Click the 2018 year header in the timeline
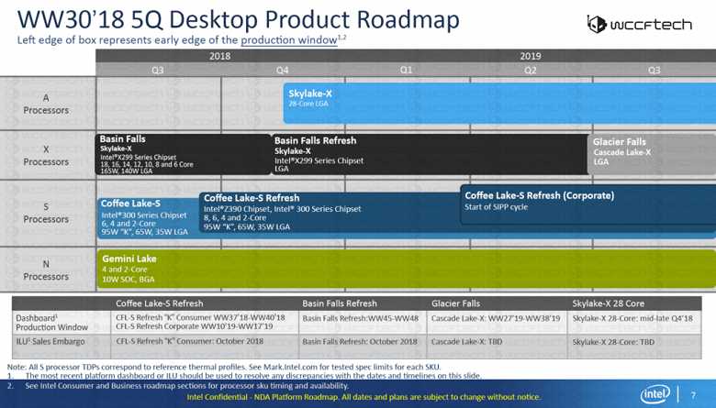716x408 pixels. tap(219, 56)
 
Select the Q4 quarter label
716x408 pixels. tap(282, 69)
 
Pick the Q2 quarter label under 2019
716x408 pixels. tap(530, 69)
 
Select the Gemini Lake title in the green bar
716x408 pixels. tap(129, 259)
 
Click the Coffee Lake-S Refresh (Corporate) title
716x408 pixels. tap(539, 195)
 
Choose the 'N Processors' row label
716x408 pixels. tap(46, 270)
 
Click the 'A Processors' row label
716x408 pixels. tap(46, 104)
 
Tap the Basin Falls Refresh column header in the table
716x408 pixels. tap(339, 303)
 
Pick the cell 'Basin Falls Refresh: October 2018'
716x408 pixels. tap(359, 341)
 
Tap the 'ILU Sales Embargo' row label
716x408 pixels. tap(50, 341)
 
